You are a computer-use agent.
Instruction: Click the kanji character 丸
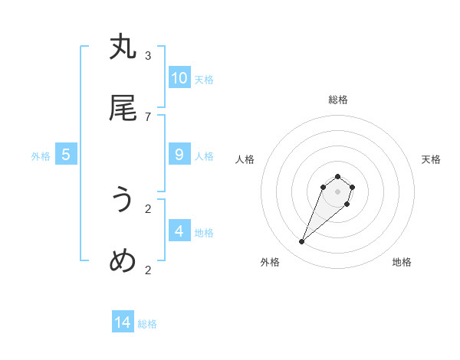click(123, 47)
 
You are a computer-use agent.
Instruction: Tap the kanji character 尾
click(123, 109)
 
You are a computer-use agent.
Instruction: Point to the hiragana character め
click(123, 261)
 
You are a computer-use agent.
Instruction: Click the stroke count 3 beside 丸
click(148, 55)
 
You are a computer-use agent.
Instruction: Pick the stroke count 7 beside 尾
click(148, 116)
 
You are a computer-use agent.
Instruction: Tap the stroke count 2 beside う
click(148, 208)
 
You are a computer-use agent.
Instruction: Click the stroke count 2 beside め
click(148, 270)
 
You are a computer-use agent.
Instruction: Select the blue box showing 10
click(179, 78)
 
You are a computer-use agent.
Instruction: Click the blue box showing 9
click(179, 155)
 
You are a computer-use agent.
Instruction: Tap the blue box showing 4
click(179, 231)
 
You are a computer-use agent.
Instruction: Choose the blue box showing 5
click(66, 155)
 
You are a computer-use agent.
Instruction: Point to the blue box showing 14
click(123, 322)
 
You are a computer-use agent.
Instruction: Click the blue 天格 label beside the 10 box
click(204, 79)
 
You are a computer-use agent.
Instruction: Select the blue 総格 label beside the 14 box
click(147, 324)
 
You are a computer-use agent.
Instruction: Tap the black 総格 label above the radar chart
click(338, 100)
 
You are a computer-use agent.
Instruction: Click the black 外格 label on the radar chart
click(270, 262)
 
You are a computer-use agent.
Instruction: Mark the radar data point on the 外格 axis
click(302, 242)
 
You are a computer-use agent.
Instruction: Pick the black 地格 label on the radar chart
click(402, 262)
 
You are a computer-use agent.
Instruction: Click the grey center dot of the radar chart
click(337, 191)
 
